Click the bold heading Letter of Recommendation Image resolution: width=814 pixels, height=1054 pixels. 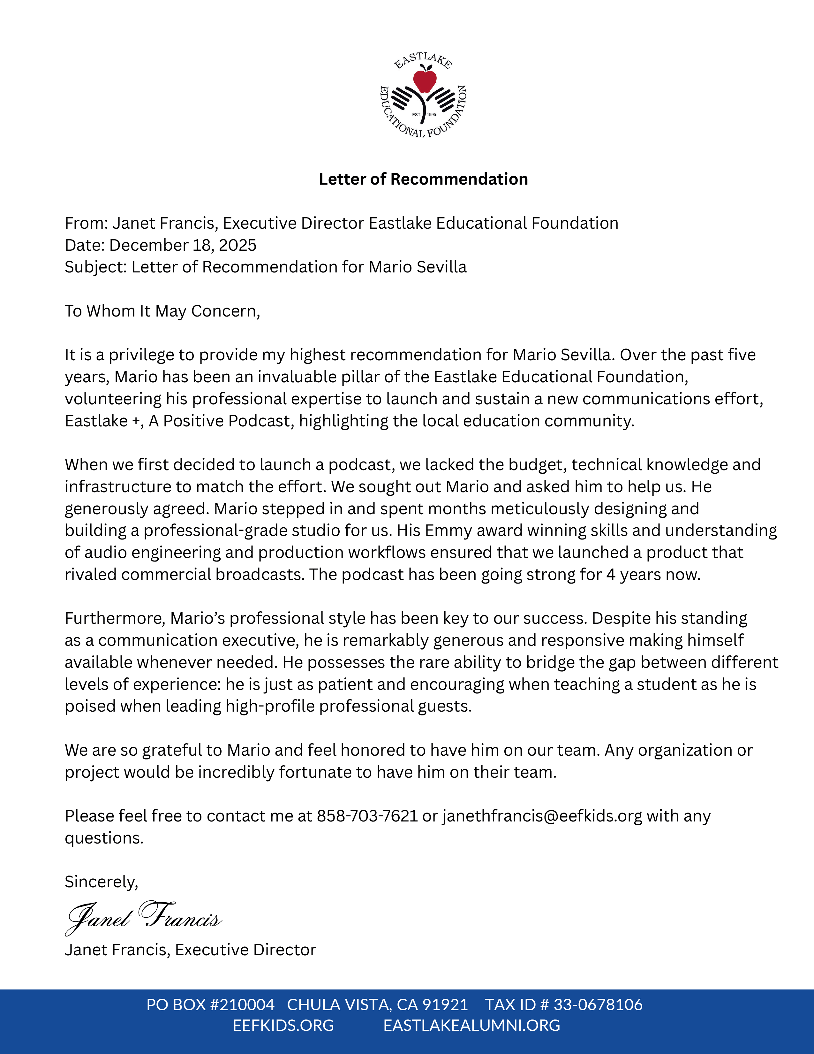[423, 179]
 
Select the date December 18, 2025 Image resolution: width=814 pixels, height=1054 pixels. [183, 245]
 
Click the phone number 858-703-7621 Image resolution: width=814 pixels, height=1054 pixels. [367, 816]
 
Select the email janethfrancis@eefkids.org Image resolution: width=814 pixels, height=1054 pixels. [542, 816]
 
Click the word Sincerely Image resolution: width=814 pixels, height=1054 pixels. [101, 882]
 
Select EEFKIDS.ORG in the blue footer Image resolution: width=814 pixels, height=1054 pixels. [283, 1025]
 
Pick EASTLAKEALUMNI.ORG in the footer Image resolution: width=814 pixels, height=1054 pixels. [471, 1025]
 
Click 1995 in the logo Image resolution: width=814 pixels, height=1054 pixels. [432, 114]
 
